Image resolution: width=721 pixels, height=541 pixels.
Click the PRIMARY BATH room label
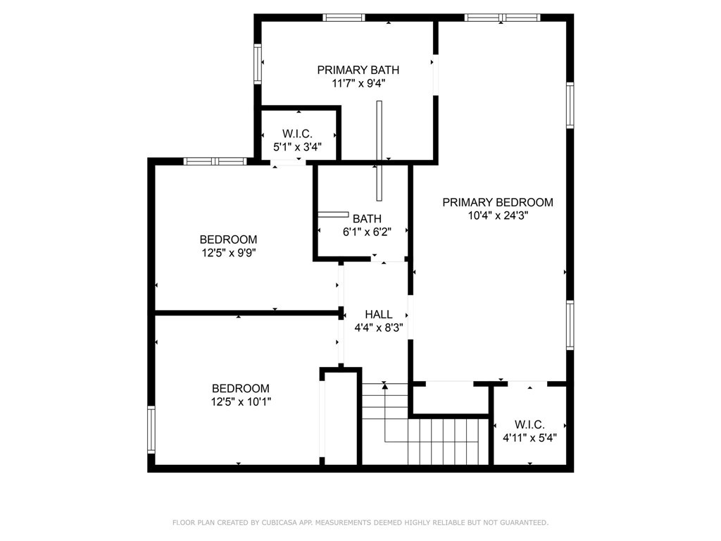pos(358,70)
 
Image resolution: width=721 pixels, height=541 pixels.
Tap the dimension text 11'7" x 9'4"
pos(358,83)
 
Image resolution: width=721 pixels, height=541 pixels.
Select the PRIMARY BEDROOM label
pos(498,202)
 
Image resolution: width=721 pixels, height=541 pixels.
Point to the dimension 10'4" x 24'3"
pos(498,216)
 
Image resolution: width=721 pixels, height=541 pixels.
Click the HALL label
pos(378,315)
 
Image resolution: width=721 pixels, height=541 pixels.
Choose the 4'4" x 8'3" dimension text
pos(378,328)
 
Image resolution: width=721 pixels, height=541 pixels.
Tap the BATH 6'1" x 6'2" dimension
pos(367,232)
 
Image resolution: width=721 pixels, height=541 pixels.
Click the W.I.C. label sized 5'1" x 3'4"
pos(298,134)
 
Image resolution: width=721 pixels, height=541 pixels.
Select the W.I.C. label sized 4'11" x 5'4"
pos(529,425)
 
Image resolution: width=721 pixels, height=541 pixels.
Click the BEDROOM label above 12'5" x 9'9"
pos(229,240)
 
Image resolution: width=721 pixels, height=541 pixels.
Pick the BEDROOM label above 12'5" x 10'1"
pos(241,388)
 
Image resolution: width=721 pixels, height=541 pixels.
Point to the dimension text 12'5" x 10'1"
pos(241,402)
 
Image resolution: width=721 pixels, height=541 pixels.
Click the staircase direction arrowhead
pos(385,385)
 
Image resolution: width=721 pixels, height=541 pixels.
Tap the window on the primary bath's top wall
pos(344,18)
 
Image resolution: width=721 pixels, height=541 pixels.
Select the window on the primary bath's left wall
pos(258,63)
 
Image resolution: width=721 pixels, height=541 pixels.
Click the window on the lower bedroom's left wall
pos(151,429)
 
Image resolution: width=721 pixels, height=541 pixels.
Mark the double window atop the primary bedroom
pos(502,18)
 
